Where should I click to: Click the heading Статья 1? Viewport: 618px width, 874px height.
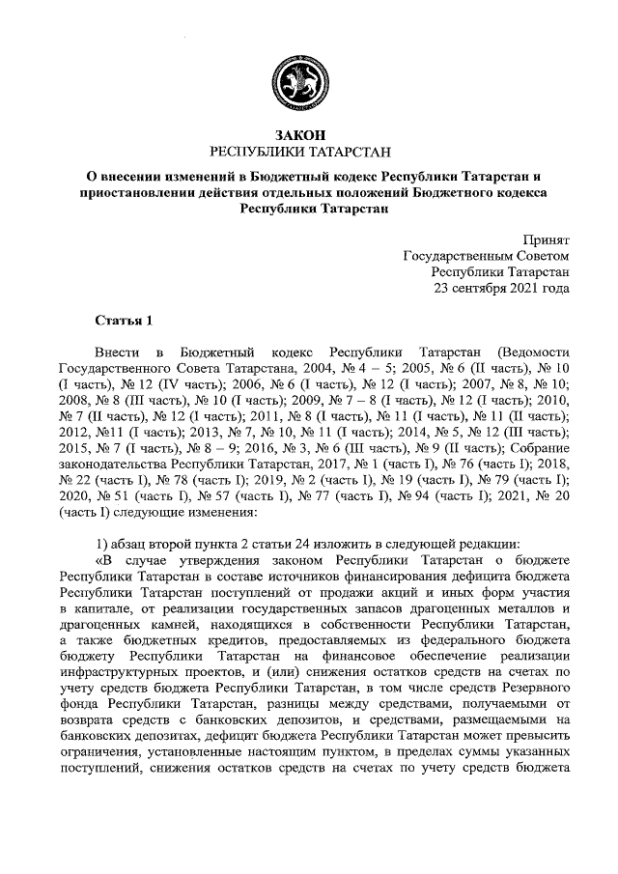[125, 320]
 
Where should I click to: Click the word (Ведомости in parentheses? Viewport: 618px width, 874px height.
[531, 352]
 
